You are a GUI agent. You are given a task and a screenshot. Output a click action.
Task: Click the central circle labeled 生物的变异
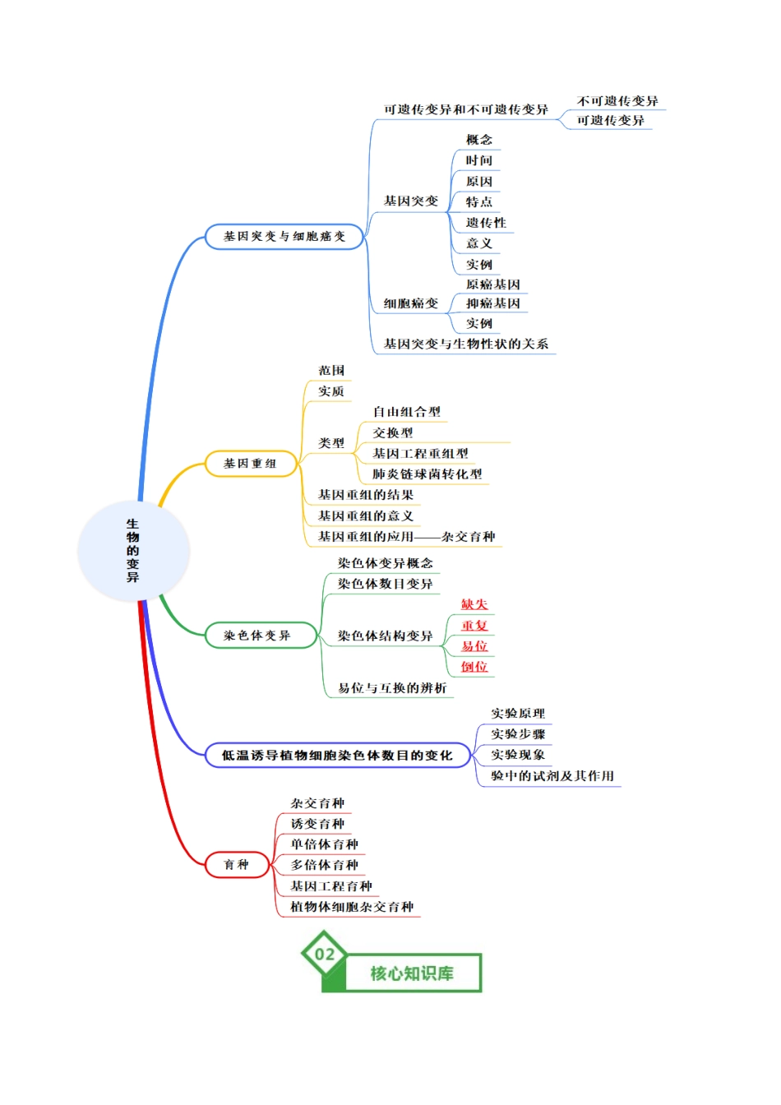point(133,551)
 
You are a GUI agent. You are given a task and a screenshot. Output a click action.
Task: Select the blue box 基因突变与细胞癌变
point(284,237)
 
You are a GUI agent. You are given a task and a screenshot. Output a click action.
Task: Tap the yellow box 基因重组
point(251,464)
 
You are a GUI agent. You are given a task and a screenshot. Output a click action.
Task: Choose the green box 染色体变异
point(261,636)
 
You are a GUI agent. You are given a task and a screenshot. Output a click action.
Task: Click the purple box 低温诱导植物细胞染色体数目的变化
point(337,756)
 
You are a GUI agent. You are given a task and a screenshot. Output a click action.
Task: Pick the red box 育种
point(237,864)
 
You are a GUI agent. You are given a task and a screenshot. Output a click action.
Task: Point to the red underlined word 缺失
point(474,604)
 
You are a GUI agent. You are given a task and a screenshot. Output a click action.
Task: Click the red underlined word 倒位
point(474,667)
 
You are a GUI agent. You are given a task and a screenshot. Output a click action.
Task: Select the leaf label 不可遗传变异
point(617,101)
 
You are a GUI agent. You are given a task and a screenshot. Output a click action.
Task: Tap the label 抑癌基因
point(493,303)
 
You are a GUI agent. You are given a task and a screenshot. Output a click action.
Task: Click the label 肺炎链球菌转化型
point(427,474)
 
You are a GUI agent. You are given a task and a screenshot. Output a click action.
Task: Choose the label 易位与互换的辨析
point(392,688)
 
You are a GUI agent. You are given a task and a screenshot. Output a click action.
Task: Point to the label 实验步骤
point(518,734)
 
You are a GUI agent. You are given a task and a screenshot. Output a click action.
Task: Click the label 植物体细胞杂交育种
point(352,907)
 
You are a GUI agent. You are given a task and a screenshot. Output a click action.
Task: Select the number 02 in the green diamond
point(325,955)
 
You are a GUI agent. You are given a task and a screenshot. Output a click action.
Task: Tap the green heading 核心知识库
point(412,973)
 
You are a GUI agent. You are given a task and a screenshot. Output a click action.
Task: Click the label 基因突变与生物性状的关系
point(466,344)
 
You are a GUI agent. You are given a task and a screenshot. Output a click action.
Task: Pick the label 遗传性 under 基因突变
point(486,223)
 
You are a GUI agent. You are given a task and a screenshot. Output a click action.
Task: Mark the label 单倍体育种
point(324,844)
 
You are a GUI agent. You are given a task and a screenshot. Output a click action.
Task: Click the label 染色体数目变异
point(386,584)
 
